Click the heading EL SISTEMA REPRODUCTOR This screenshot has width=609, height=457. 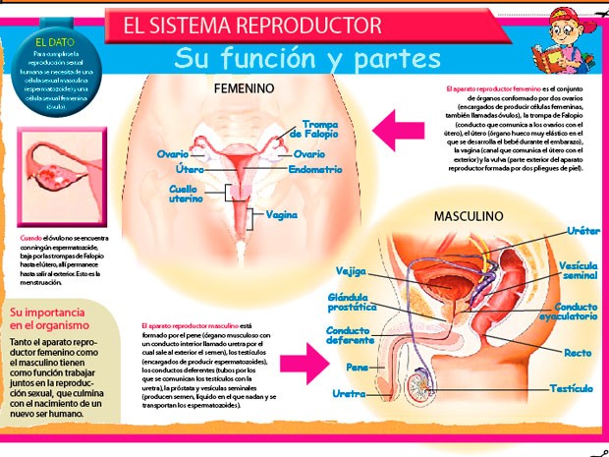coord(251,26)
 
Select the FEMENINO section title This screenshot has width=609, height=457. coord(244,88)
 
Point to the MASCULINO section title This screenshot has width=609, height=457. coord(472,215)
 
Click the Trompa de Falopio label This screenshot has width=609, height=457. coord(320,130)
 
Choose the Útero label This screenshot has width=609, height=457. coord(190,170)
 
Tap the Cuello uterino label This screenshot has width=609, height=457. coord(185,193)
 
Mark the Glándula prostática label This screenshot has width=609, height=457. coord(351,302)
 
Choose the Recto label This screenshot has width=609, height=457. coord(578,352)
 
